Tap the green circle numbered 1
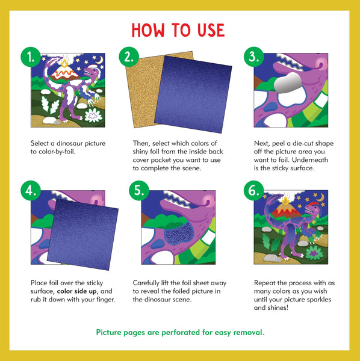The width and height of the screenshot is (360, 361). tap(31, 58)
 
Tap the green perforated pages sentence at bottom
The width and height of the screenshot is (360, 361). tap(179, 332)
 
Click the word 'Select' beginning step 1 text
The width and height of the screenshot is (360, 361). tap(41, 144)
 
